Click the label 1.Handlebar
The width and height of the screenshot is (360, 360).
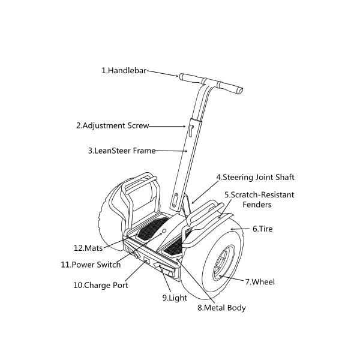(x=124, y=70)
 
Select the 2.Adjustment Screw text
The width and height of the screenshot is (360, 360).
(x=112, y=126)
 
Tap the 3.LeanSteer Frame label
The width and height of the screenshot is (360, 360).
(x=122, y=151)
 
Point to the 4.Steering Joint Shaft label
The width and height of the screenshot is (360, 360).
(x=255, y=178)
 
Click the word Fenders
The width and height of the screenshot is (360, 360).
(x=257, y=205)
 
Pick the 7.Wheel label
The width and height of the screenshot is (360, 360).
(x=260, y=281)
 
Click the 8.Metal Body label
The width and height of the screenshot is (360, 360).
(x=221, y=308)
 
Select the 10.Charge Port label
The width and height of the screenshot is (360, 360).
(x=101, y=286)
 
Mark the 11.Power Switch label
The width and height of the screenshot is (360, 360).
(x=91, y=265)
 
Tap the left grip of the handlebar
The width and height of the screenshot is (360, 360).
(x=190, y=77)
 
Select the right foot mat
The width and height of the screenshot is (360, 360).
(x=175, y=244)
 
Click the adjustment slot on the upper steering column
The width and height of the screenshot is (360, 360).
(x=190, y=129)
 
